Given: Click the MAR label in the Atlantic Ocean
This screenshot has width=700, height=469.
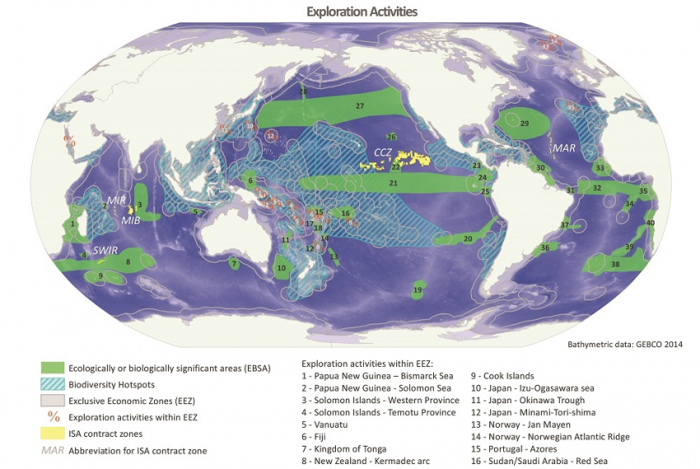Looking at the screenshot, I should [564, 149].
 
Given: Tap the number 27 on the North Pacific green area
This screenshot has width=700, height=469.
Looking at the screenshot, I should [360, 107].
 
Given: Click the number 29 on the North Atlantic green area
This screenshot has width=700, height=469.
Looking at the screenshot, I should [524, 123].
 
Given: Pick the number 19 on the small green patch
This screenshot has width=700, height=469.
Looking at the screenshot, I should [418, 290].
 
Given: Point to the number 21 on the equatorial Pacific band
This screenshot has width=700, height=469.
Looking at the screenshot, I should [394, 183].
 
